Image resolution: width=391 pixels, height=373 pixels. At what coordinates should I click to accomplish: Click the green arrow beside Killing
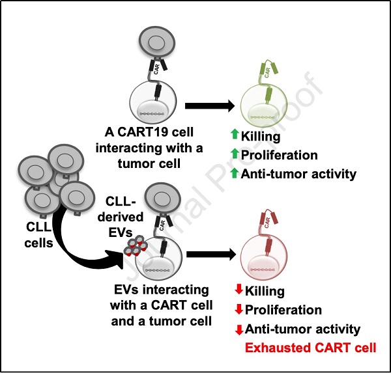click(235, 134)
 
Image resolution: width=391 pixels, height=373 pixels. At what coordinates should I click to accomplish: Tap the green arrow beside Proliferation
click(235, 153)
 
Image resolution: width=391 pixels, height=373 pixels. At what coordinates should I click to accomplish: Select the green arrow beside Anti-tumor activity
click(235, 173)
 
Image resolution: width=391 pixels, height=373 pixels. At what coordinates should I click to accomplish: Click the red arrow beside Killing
click(239, 290)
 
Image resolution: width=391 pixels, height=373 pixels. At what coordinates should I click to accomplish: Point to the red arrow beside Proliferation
click(239, 309)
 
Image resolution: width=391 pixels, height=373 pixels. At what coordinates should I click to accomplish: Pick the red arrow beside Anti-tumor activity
click(239, 329)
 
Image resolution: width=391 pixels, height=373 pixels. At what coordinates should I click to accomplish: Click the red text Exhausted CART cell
click(310, 348)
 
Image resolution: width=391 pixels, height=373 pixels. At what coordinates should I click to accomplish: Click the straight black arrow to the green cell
click(210, 106)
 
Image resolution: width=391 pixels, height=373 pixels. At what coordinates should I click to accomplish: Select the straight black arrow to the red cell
click(211, 255)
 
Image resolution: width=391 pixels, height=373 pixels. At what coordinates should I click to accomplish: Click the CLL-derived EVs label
click(121, 217)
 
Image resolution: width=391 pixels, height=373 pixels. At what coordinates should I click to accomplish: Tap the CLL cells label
click(38, 235)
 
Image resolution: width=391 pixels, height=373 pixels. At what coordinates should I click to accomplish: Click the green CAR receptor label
click(267, 73)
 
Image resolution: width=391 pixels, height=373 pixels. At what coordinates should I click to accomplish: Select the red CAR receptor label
click(267, 223)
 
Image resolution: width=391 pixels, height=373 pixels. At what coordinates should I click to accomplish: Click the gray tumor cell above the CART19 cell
click(157, 43)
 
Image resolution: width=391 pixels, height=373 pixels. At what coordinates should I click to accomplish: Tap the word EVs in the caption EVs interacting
click(126, 290)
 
